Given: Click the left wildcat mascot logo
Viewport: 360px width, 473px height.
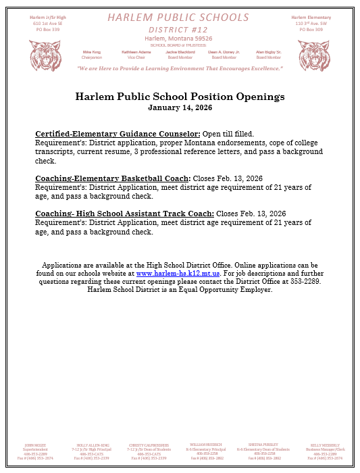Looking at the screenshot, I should point(45,55).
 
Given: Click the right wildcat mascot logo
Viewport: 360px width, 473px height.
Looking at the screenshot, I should point(314,55).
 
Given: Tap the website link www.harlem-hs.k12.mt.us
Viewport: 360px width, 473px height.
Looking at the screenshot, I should point(178,274).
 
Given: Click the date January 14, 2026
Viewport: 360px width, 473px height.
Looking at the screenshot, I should point(180,107).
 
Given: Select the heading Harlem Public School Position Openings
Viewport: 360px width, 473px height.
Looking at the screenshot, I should point(180,97).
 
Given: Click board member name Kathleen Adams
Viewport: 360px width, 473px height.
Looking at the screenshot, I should point(136,51).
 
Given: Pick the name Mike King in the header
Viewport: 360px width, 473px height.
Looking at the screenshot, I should point(91,51).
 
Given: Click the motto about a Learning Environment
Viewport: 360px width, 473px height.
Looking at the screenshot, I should point(180,69).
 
